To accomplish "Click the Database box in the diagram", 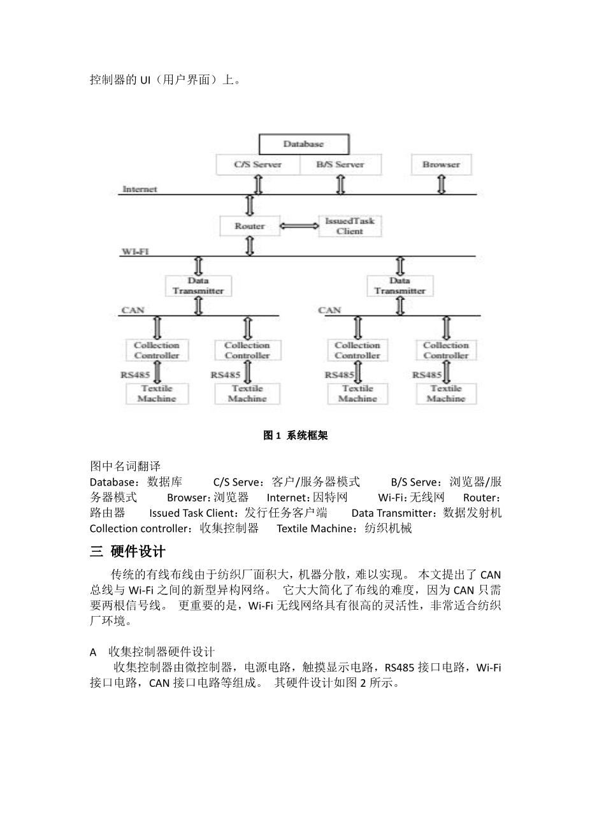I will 303,144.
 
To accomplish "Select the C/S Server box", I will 257,164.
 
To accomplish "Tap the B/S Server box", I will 340,164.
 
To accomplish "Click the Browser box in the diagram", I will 441,164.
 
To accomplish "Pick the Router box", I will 250,226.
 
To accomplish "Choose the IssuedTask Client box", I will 350,226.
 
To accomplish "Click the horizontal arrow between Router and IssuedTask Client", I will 299,226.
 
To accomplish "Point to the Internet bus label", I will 140,189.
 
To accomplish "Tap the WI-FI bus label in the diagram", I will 135,252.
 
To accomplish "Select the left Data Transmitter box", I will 198,285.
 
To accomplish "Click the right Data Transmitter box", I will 399,285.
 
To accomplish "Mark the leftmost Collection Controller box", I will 157,350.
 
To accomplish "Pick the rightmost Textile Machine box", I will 446,393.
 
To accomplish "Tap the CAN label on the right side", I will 329,310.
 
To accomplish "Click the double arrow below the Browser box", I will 441,184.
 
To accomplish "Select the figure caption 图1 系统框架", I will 295,436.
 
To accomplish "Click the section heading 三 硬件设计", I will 127,551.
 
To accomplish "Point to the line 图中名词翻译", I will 125,466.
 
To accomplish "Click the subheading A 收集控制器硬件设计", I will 152,652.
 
